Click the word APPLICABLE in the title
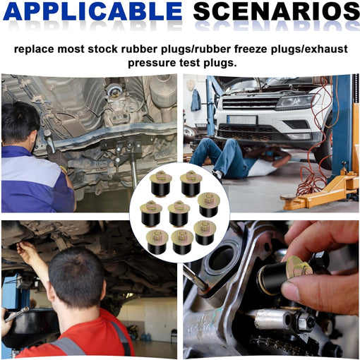click(x=92, y=11)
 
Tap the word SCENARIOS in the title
click(x=276, y=11)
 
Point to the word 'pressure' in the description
click(x=151, y=63)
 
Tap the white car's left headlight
click(x=295, y=102)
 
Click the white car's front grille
click(x=250, y=103)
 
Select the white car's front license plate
click(x=242, y=120)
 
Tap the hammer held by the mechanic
click(x=50, y=141)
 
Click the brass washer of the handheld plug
click(x=299, y=266)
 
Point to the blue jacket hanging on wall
click(x=196, y=101)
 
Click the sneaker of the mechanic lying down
click(x=217, y=175)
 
